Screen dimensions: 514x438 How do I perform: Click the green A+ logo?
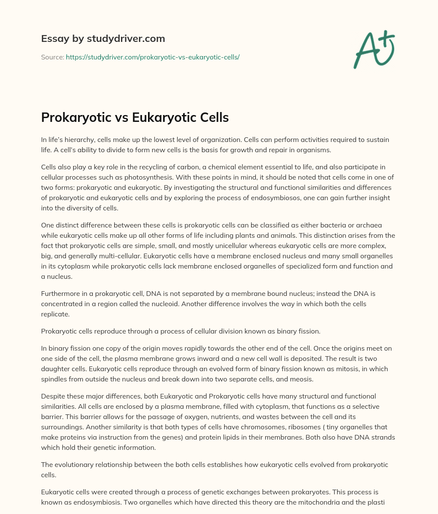[x=373, y=50]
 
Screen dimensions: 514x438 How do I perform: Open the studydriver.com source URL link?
[x=152, y=57]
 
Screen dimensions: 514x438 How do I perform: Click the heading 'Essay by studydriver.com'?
[x=103, y=38]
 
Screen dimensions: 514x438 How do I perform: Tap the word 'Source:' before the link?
[x=52, y=57]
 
